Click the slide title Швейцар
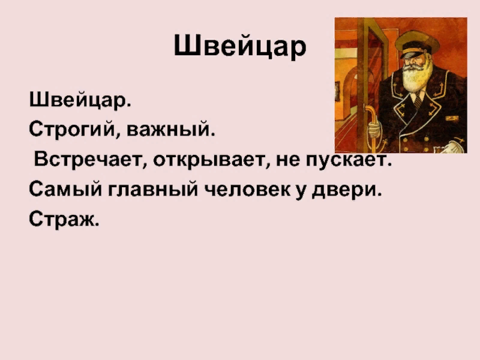click(240, 46)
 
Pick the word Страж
click(63, 220)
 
